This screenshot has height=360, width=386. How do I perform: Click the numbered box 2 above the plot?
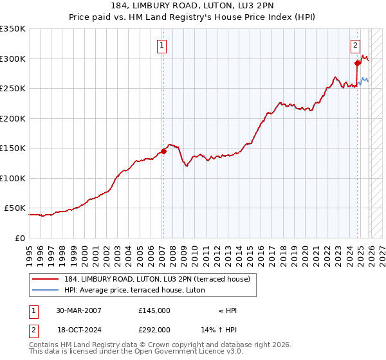tap(355, 45)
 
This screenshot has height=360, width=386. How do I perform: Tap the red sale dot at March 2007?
tap(163, 151)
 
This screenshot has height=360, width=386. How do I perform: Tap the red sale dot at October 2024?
tap(357, 63)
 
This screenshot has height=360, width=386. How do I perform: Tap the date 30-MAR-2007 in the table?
tap(78, 310)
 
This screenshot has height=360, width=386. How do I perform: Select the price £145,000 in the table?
tap(154, 310)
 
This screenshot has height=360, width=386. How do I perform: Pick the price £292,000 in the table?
tap(154, 329)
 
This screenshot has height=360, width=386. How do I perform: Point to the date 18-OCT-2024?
tap(78, 329)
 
